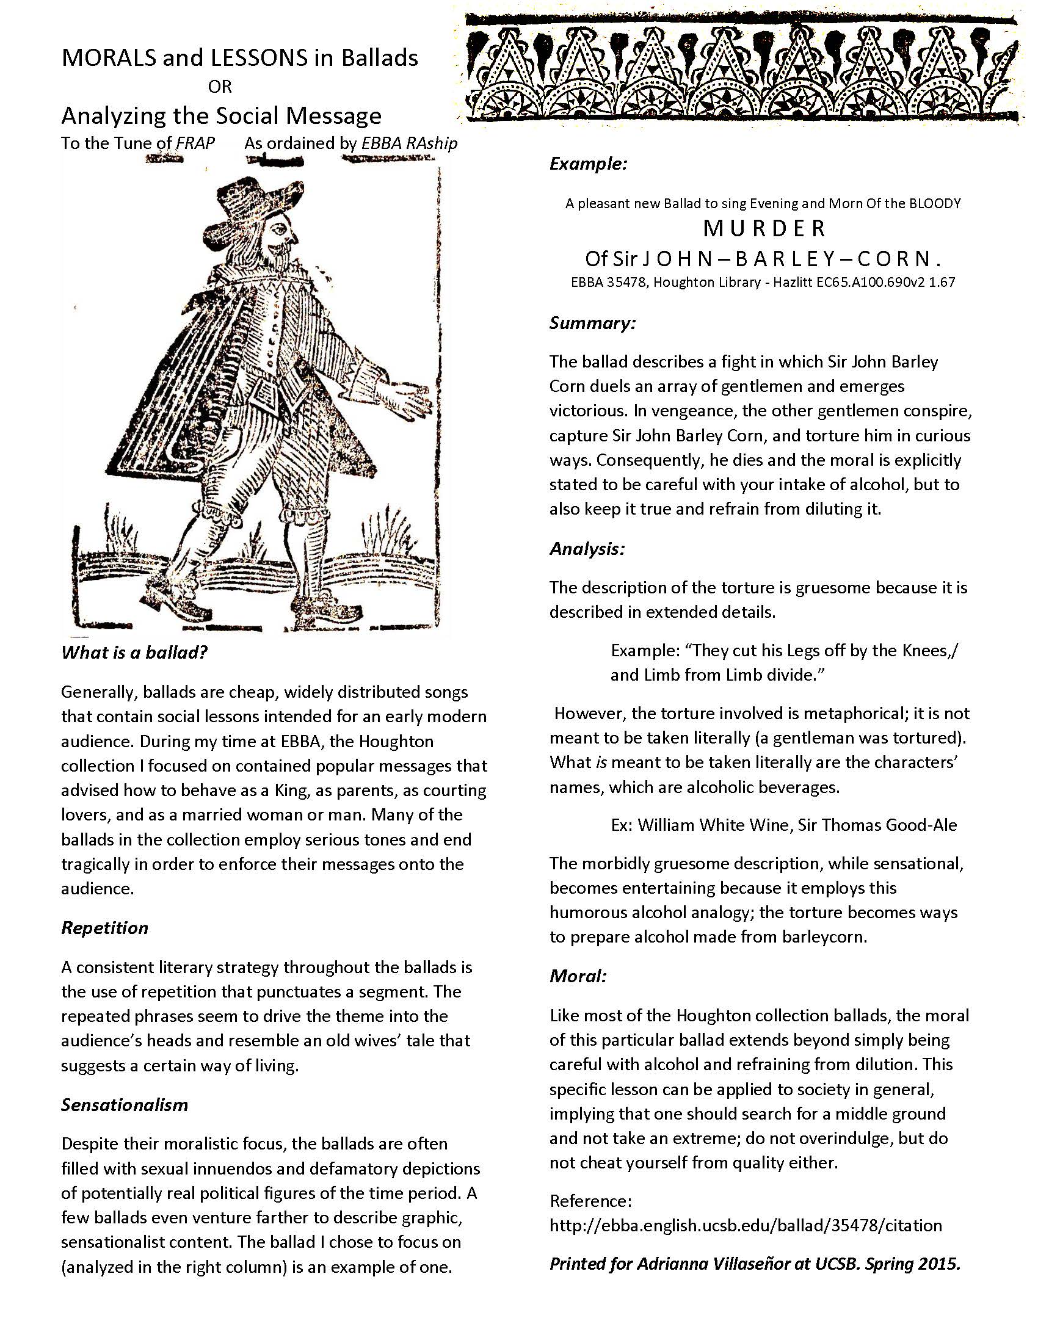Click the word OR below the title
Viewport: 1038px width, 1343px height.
coord(220,87)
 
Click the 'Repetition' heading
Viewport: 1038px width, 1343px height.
coord(104,927)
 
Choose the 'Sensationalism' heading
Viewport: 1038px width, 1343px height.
coord(124,1105)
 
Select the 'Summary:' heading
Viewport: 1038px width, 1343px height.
coord(592,324)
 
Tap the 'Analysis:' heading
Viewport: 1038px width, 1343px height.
coord(587,549)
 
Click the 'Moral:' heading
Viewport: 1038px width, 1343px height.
coord(578,976)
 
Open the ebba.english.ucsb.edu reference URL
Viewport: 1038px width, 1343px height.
coord(746,1225)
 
